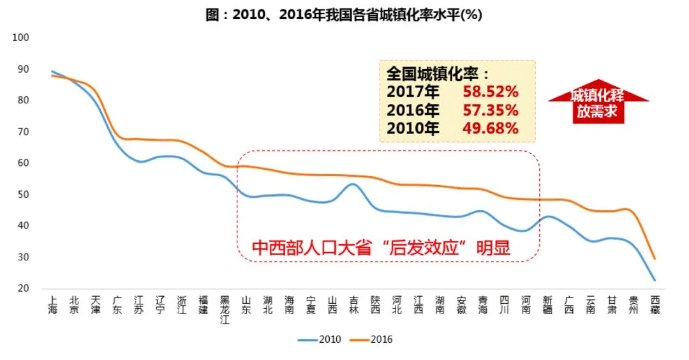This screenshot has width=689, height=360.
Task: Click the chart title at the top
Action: point(344,15)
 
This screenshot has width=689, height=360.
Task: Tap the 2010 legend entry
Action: point(320,340)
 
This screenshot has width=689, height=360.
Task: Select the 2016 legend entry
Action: point(371,340)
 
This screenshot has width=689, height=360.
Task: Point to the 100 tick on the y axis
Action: point(20,38)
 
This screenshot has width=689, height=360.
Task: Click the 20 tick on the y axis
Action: point(24,289)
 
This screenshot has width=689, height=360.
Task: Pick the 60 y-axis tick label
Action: point(24,163)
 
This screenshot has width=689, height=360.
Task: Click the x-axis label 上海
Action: point(53,305)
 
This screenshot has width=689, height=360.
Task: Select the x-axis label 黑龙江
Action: point(225,310)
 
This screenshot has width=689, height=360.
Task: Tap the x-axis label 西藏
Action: point(655,305)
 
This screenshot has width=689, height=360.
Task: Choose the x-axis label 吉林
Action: point(353,305)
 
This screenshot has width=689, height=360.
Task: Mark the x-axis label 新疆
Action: point(547,305)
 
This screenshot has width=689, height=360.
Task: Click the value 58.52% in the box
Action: point(491,92)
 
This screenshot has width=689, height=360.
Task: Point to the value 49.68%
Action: point(491,128)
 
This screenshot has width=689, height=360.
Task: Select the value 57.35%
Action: point(491,110)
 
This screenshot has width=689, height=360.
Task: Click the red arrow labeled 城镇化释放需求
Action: point(598,101)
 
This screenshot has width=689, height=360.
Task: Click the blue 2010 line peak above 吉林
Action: point(353,184)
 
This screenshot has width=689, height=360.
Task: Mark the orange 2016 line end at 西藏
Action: point(655,259)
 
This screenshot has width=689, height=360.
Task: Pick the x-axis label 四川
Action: point(505,305)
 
